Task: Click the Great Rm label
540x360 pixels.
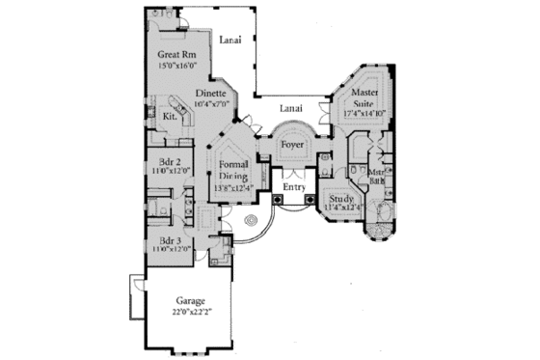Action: pyautogui.click(x=177, y=55)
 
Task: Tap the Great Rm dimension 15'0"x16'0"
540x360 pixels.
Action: pyautogui.click(x=177, y=66)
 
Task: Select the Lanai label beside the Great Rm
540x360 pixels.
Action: pyautogui.click(x=229, y=40)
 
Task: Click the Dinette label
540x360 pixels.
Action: pyautogui.click(x=207, y=93)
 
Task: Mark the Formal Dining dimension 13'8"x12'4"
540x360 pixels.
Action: pyautogui.click(x=231, y=188)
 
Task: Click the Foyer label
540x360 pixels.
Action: pyautogui.click(x=293, y=145)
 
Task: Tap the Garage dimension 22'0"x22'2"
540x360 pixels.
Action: pyautogui.click(x=193, y=313)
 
